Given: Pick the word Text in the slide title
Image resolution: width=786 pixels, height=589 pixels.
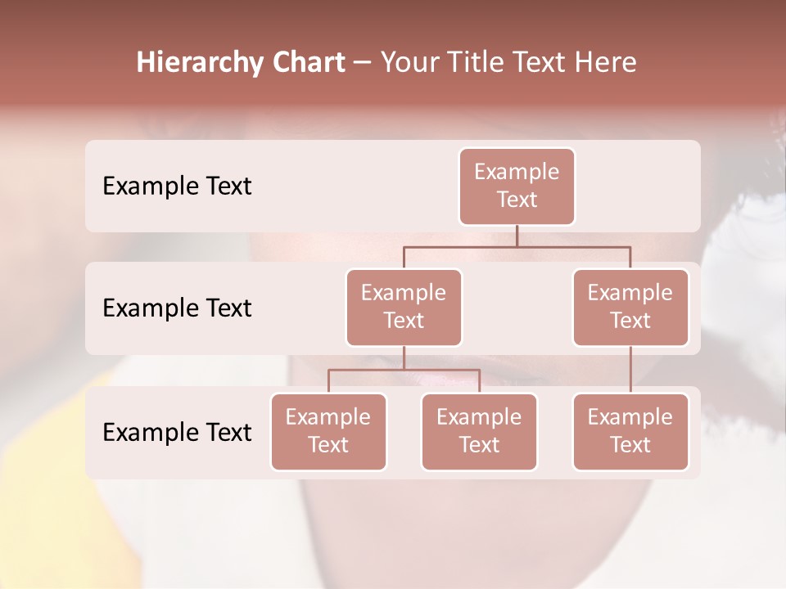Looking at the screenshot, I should point(543,63).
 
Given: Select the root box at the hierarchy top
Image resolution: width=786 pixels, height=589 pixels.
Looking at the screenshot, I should point(517,186).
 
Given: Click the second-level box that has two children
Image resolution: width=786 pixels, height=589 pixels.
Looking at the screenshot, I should point(404,307).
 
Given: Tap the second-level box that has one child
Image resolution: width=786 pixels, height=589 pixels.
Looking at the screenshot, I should point(630,307).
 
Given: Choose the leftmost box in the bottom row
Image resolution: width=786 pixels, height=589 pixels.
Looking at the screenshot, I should point(328,431).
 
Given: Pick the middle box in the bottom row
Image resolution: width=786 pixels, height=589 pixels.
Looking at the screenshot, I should point(479,431).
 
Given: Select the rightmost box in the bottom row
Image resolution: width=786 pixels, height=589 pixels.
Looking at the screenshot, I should point(630,431).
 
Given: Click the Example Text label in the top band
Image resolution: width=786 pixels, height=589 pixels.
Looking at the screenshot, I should point(177,186).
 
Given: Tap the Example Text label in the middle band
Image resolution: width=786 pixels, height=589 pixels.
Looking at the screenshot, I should point(177,308).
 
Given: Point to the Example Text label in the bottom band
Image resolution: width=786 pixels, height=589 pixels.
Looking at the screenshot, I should point(177,432).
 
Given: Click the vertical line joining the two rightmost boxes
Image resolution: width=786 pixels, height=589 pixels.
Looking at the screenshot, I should point(630,370).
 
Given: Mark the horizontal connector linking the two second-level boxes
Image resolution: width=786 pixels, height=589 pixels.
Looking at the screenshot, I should point(517,246).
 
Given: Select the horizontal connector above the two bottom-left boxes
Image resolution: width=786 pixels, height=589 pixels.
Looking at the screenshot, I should point(404,370).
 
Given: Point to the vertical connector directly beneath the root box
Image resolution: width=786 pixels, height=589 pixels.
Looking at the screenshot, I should point(517,236).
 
